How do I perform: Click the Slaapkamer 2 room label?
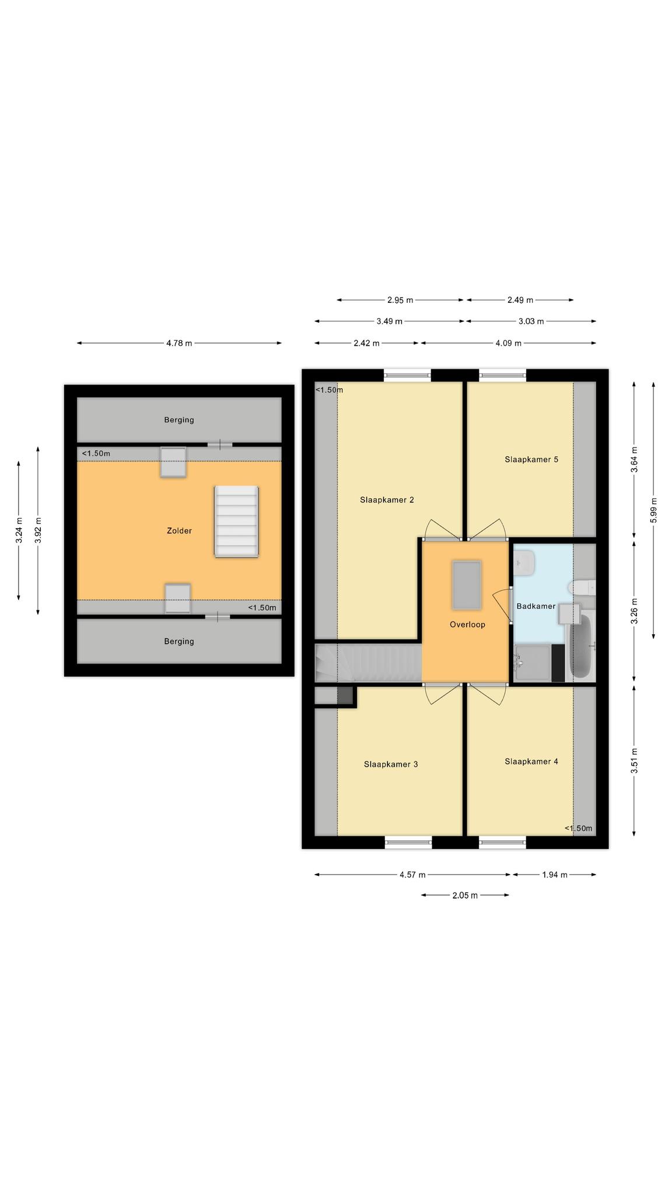click(x=387, y=499)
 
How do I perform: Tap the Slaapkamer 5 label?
click(x=531, y=459)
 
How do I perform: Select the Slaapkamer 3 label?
click(x=391, y=764)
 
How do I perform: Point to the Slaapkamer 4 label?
click(x=531, y=761)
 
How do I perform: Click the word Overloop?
click(x=467, y=624)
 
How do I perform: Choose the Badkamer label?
click(x=536, y=606)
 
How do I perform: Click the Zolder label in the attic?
click(x=179, y=530)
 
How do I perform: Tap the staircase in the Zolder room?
click(x=236, y=522)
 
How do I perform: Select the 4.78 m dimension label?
click(x=179, y=343)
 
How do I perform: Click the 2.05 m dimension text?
click(x=465, y=895)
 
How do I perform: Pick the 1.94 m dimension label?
click(x=555, y=875)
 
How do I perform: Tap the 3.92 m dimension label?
click(x=38, y=530)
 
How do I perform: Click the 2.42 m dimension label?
click(x=366, y=343)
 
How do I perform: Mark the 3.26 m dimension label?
click(x=634, y=611)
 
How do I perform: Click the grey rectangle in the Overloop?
click(x=467, y=584)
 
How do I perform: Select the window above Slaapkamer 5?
click(x=502, y=375)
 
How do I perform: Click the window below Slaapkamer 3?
click(x=408, y=842)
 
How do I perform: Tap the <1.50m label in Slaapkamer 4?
click(x=579, y=829)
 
